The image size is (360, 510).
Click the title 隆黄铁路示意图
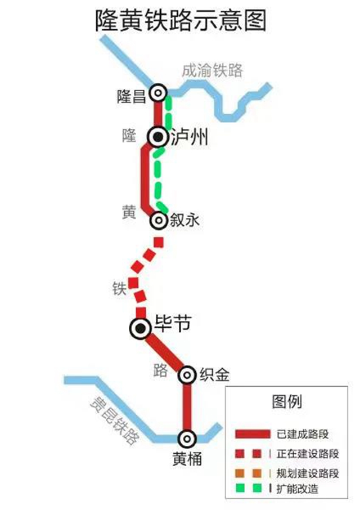click(x=180, y=21)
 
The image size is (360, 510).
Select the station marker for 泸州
click(x=158, y=136)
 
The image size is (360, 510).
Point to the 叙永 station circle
click(x=158, y=220)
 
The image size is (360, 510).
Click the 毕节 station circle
click(x=139, y=328)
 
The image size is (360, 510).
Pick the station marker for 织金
click(x=187, y=374)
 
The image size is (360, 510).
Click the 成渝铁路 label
click(x=212, y=70)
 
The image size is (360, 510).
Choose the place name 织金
click(x=214, y=374)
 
